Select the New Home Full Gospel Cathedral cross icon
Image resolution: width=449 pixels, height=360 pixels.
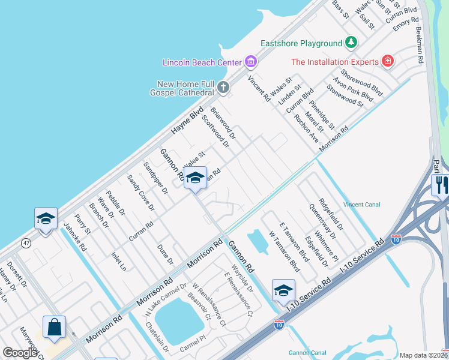(223, 88)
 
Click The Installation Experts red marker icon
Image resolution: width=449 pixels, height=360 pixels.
(388, 61)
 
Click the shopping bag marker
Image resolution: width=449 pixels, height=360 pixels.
(54, 328)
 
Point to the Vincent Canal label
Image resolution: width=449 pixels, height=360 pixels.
(362, 205)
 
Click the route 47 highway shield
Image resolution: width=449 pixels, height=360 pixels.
(26, 243)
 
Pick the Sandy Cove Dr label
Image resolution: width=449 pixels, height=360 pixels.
(140, 193)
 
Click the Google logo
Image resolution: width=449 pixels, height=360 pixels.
(20, 353)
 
